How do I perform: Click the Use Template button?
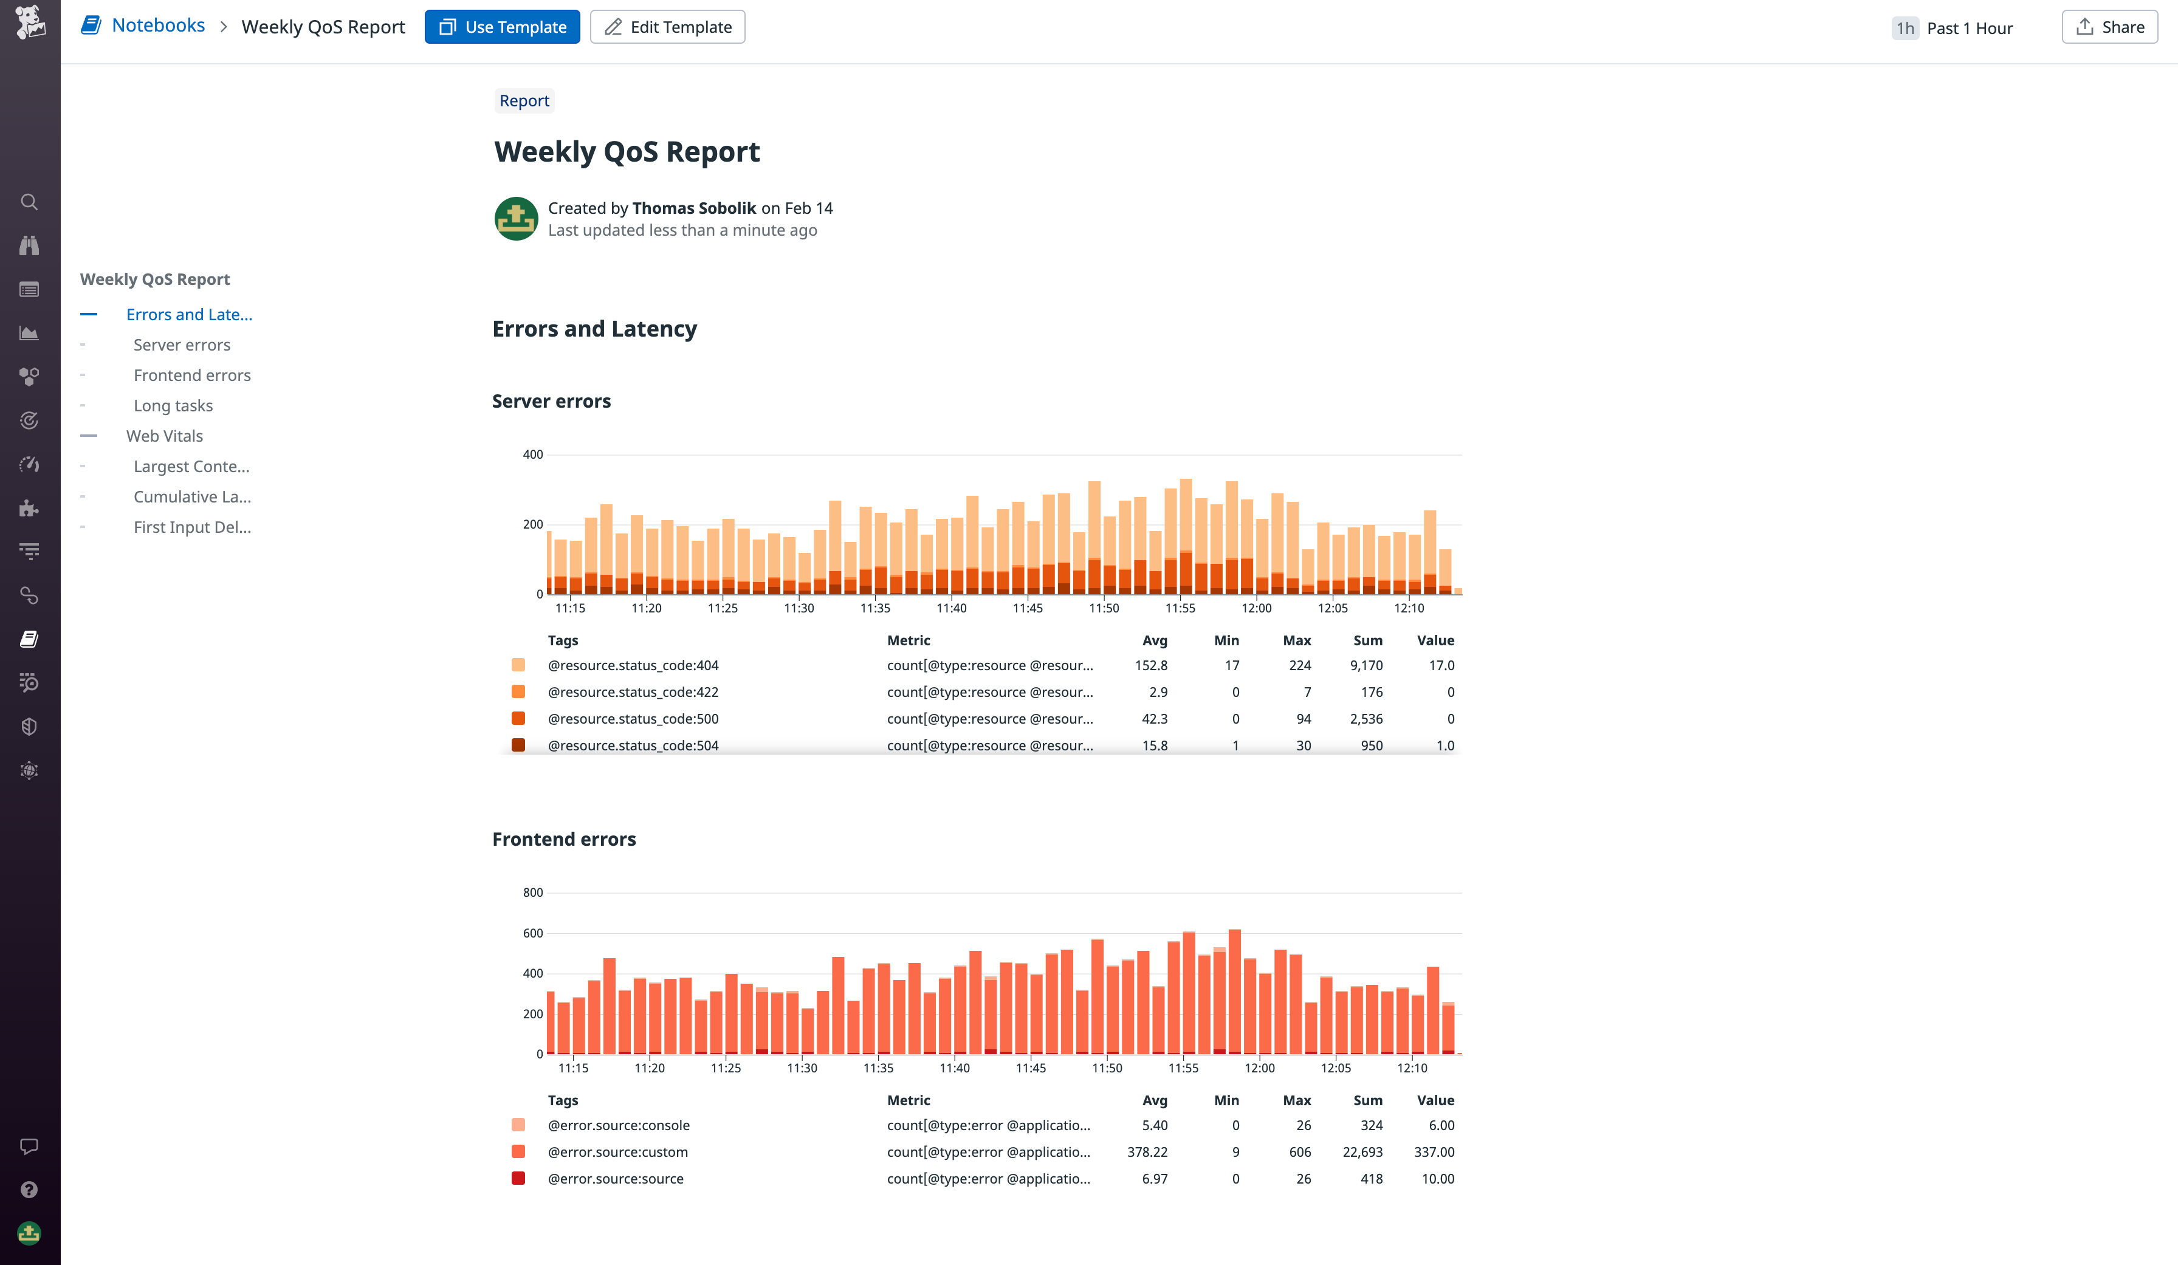(x=502, y=27)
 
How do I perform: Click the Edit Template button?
(x=667, y=27)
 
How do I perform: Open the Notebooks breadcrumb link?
(x=158, y=25)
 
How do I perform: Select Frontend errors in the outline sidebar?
(x=192, y=375)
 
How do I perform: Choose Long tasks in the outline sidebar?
(x=173, y=405)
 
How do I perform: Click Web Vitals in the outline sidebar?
(x=164, y=436)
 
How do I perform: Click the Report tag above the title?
(x=524, y=100)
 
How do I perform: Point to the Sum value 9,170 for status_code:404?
(x=1366, y=665)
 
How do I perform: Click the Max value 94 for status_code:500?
(x=1304, y=719)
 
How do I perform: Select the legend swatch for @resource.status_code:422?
(x=518, y=691)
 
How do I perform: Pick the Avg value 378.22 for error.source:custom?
(x=1147, y=1152)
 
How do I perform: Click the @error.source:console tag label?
(x=619, y=1125)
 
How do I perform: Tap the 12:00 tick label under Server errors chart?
(x=1256, y=608)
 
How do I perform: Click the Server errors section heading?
(x=551, y=401)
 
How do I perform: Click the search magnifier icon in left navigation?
(x=29, y=202)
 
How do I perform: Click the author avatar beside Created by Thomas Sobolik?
(x=516, y=219)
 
